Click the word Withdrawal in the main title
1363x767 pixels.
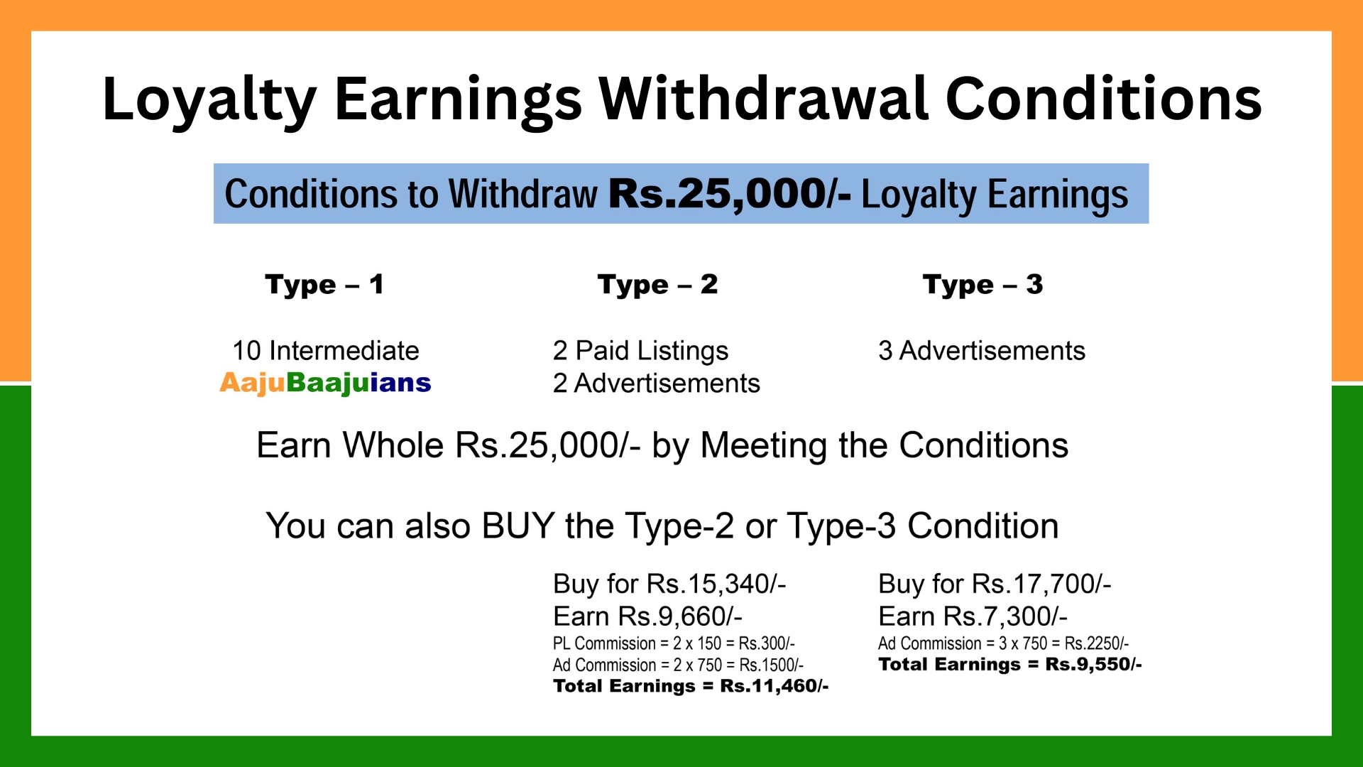click(x=764, y=99)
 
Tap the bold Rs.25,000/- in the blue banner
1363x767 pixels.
click(x=730, y=194)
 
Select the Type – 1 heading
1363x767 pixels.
click(x=324, y=285)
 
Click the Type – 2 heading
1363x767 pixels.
click(x=657, y=285)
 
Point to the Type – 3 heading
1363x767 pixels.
click(x=982, y=285)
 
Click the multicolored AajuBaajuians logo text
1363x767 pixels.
click(x=325, y=383)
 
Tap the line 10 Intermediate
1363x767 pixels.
click(x=326, y=351)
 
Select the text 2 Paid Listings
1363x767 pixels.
click(x=640, y=352)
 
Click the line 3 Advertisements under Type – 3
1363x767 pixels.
click(x=982, y=351)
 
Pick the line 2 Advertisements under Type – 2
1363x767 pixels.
click(x=657, y=383)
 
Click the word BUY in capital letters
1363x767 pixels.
click(x=518, y=526)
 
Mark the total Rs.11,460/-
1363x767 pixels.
click(x=774, y=686)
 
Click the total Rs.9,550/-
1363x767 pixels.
click(x=1093, y=665)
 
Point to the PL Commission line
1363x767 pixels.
click(x=674, y=643)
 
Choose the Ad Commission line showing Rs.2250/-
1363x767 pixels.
click(x=1003, y=643)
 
